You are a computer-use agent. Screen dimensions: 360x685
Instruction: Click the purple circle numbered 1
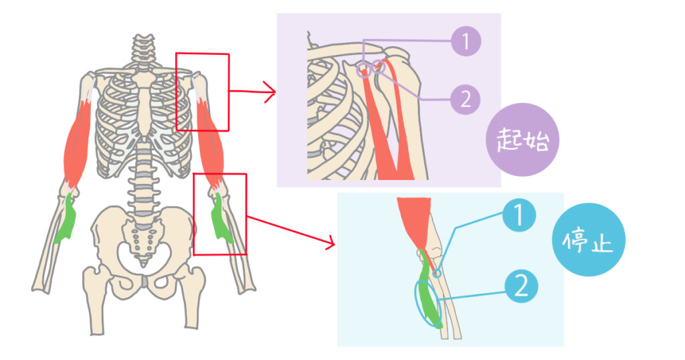[x=466, y=41]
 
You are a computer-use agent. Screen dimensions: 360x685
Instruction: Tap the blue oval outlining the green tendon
[x=428, y=304]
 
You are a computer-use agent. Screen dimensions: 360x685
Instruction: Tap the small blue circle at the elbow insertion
[x=437, y=273]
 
